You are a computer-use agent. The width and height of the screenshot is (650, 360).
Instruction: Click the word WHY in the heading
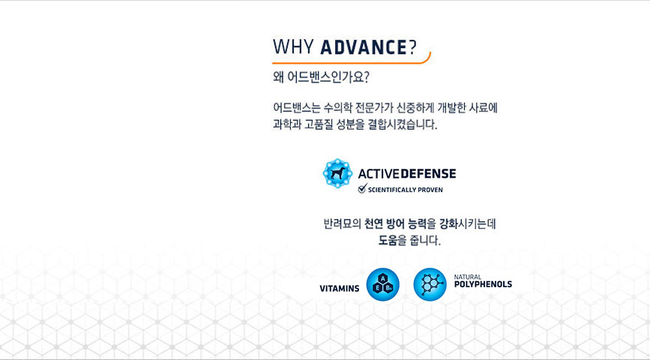pos(293,47)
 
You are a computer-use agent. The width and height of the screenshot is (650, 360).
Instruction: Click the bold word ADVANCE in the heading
pos(364,47)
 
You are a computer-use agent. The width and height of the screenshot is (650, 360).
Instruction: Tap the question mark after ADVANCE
pos(412,47)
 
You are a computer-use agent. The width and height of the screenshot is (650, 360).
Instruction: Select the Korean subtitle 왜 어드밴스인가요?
pos(321,77)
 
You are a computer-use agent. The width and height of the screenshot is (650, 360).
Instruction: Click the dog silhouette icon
pos(338,173)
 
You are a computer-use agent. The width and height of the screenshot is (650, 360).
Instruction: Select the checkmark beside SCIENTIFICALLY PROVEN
pos(362,189)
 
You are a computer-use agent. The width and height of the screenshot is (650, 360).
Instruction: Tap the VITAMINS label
pos(340,289)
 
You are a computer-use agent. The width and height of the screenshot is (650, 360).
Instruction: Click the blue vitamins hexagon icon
pos(382,284)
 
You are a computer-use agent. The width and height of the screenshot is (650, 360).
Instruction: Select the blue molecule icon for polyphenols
pos(430,284)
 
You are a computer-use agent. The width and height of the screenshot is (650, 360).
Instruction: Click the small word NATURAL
pos(468,277)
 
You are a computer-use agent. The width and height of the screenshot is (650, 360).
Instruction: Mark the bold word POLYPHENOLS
pos(483,284)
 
